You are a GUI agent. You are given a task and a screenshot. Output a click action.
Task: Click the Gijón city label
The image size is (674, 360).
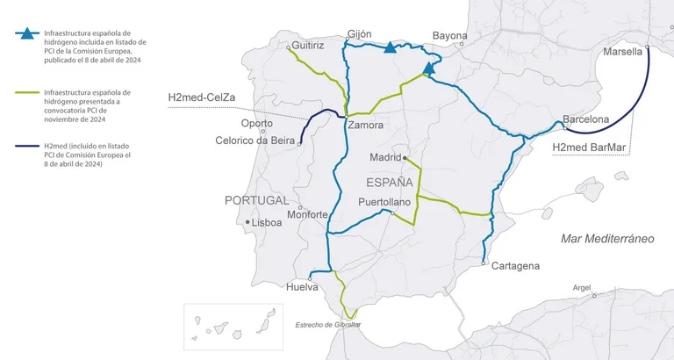pyautogui.click(x=360, y=34)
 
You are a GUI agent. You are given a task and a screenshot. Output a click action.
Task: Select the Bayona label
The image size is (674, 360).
pyautogui.click(x=450, y=36)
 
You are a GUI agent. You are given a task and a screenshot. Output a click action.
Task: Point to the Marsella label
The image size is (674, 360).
pyautogui.click(x=624, y=52)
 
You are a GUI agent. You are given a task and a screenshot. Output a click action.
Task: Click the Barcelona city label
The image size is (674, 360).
pyautogui.click(x=585, y=119)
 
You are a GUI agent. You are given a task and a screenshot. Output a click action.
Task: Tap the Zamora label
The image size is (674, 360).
pyautogui.click(x=365, y=125)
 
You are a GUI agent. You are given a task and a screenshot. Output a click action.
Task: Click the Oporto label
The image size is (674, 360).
pyautogui.click(x=257, y=123)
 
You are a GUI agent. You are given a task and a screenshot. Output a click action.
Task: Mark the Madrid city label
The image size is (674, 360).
pyautogui.click(x=384, y=157)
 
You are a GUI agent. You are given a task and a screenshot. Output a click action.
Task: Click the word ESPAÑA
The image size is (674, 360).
pyautogui.click(x=389, y=183)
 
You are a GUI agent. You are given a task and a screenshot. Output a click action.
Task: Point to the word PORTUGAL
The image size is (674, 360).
pyautogui.click(x=256, y=200)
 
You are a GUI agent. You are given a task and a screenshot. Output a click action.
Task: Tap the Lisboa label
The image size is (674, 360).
pyautogui.click(x=267, y=223)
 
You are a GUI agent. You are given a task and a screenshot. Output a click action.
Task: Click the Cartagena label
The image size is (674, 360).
pyautogui.click(x=516, y=266)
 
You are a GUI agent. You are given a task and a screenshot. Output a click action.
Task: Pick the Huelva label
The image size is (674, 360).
pyautogui.click(x=303, y=287)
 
